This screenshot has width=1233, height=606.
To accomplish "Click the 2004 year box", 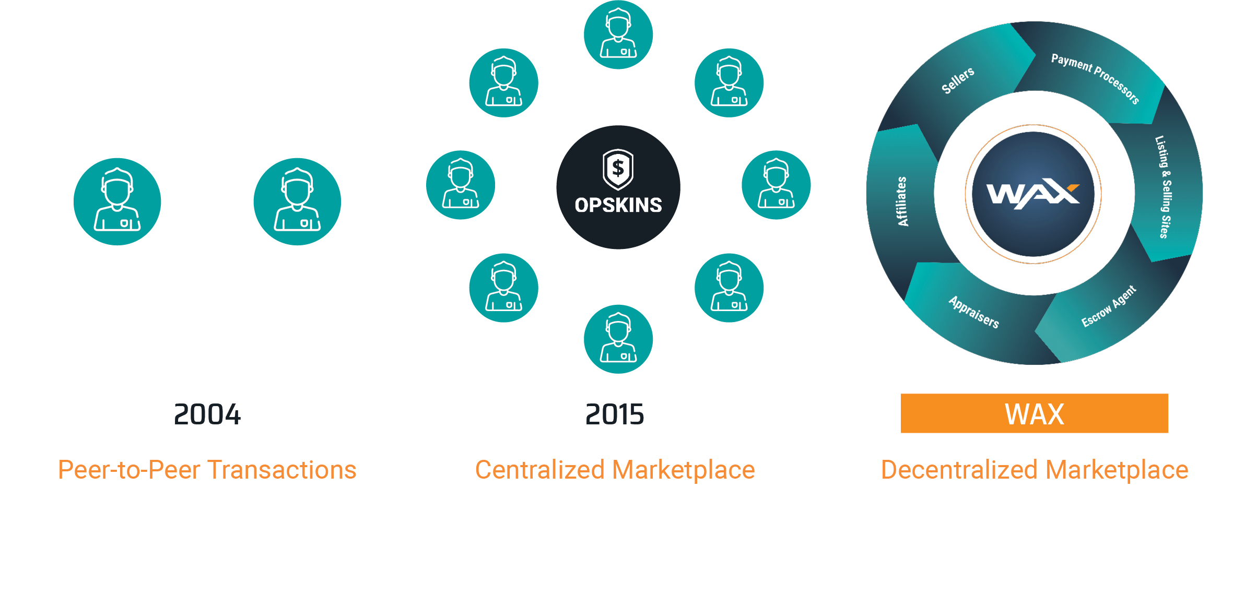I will pos(207,413).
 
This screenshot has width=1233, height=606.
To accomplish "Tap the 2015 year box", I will pos(615,413).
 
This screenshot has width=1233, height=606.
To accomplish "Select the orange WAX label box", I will pos(1034,413).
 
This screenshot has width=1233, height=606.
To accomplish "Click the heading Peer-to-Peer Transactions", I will pos(207,470).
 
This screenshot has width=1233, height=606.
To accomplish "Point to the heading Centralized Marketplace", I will pos(615,470).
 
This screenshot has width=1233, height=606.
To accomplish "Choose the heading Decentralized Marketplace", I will pos(1034,470).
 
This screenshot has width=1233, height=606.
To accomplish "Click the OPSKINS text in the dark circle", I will pos(618,205).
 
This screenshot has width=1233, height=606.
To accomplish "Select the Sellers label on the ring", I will pos(958,80).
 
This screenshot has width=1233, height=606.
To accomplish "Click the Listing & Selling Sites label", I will pos(1164,187).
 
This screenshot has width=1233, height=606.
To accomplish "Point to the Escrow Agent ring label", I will pos(1108,306).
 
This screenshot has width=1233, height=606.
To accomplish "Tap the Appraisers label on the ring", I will pos(974,312).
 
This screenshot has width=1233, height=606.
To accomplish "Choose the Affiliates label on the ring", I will pos(902,201).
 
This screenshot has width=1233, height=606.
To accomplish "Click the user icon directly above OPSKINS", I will pos(618,34).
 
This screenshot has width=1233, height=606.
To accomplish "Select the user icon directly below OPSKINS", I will pos(618,339).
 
